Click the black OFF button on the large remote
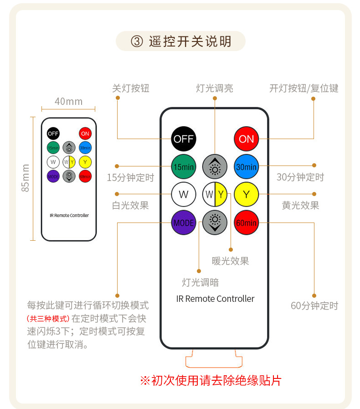click(x=184, y=139)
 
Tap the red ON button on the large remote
click(x=246, y=139)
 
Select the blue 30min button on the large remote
click(x=246, y=167)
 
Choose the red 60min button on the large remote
click(x=246, y=223)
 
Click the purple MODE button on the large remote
click(x=184, y=223)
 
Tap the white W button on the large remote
click(x=184, y=195)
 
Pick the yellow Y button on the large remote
click(x=246, y=195)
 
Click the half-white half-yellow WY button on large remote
click(x=215, y=195)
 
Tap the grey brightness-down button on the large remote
click(x=215, y=223)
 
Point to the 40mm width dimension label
click(x=68, y=101)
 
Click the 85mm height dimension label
click(x=26, y=178)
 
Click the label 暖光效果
click(x=230, y=261)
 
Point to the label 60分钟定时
click(x=314, y=305)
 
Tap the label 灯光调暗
click(x=200, y=282)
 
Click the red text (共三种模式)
click(x=48, y=319)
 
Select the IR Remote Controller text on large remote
click(x=215, y=299)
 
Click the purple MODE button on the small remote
click(x=53, y=176)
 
